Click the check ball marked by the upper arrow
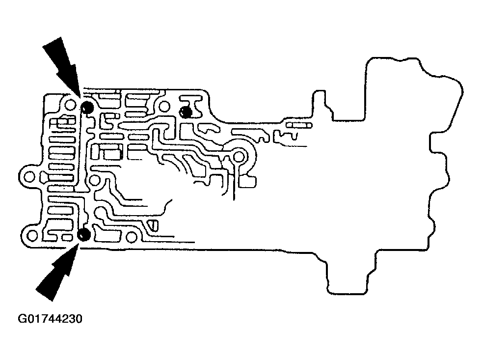pos(88,108)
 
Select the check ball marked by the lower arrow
pos(84,234)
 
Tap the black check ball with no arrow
pos(186,112)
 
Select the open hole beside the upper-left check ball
pos(71,105)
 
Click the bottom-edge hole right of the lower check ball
pos(131,237)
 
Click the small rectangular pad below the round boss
pos(249,183)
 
